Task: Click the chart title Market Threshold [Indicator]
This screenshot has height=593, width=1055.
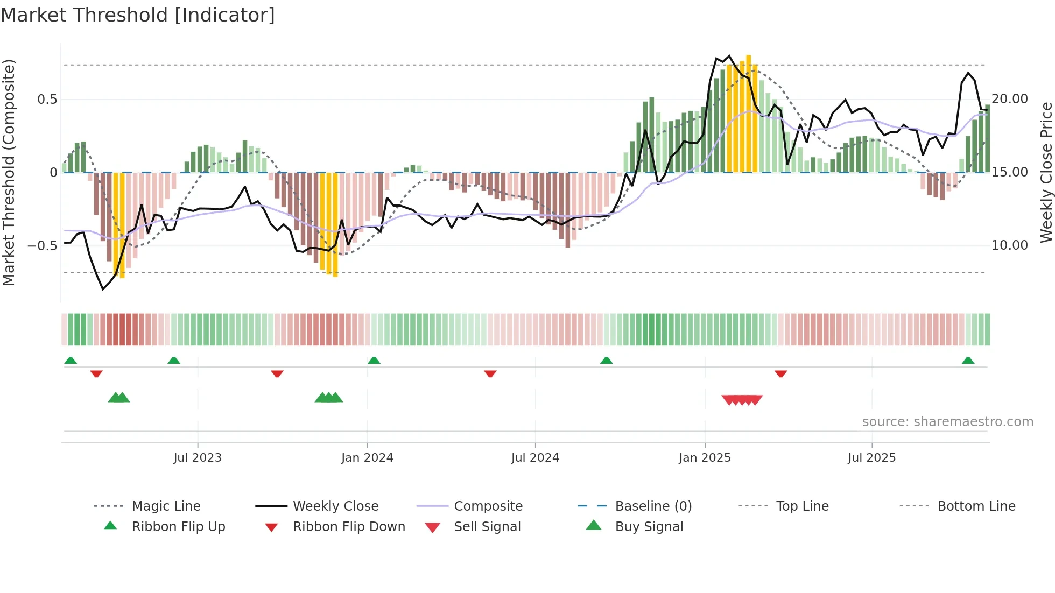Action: (138, 15)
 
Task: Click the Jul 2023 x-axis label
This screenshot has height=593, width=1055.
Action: (198, 458)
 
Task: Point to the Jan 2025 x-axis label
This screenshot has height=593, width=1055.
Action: (705, 458)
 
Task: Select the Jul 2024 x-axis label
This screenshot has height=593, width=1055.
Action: (535, 458)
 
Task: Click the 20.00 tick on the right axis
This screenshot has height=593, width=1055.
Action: (1010, 99)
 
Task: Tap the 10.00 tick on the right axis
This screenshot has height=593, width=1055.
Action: (1010, 245)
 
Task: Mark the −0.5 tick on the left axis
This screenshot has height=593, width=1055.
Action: (42, 246)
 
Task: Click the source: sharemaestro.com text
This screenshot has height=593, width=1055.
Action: (947, 422)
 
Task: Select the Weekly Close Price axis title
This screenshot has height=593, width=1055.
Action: (1046, 172)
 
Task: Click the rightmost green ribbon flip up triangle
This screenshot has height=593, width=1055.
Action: (968, 361)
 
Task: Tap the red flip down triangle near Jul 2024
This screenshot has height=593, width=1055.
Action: (490, 373)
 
